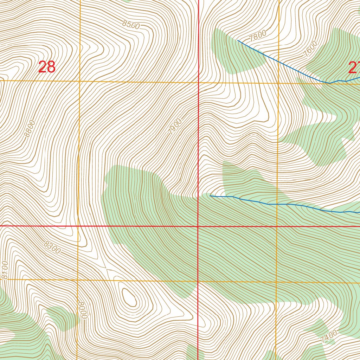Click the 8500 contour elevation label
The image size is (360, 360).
click(131, 25)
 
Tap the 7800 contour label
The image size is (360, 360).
click(257, 36)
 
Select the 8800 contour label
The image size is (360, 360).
click(30, 129)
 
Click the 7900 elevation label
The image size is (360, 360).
click(175, 127)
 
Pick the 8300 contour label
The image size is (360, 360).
click(52, 247)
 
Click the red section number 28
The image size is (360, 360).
click(47, 67)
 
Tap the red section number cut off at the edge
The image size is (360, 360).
click(354, 67)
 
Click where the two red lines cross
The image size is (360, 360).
click(198, 226)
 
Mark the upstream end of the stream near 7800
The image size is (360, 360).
click(238, 40)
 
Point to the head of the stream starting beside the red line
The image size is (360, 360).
click(210, 196)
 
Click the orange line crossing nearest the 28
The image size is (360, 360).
click(80, 81)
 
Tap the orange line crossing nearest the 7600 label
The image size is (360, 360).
click(278, 83)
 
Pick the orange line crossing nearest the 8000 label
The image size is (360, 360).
click(77, 280)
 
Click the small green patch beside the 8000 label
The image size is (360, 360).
click(63, 318)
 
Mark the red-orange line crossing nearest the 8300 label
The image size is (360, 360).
click(78, 226)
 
